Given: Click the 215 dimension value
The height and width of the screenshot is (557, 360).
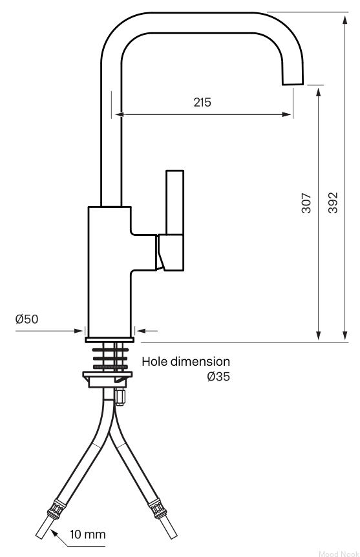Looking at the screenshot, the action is [202, 102].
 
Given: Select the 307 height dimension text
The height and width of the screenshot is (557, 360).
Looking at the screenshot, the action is [306, 203].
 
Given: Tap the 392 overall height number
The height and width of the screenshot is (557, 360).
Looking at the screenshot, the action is [333, 203].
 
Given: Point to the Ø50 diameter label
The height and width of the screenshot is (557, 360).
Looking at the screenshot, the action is [26, 319].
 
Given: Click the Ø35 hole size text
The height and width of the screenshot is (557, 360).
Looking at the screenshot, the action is [218, 376].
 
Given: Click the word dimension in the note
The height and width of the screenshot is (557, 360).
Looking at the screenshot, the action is [200, 361].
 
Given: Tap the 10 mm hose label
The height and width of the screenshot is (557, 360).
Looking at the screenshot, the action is [88, 534].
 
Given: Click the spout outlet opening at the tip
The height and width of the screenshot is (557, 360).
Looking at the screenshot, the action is [293, 84].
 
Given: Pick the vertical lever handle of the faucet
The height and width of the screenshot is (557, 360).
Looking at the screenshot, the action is [175, 202].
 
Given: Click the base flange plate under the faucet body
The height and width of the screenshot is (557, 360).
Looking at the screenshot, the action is [109, 340].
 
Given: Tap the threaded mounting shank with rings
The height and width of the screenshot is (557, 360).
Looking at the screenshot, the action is [111, 357].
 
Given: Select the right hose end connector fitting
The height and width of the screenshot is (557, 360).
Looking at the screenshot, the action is [158, 509].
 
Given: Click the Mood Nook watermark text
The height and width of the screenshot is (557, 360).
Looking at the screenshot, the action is [339, 554].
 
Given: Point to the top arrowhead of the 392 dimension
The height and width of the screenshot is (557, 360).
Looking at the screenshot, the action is [344, 19].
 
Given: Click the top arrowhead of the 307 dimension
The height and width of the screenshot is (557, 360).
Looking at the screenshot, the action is [319, 92].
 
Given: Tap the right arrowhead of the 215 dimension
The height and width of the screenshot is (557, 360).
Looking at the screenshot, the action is [286, 114].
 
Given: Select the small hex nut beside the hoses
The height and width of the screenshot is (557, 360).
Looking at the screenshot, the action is [120, 397].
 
